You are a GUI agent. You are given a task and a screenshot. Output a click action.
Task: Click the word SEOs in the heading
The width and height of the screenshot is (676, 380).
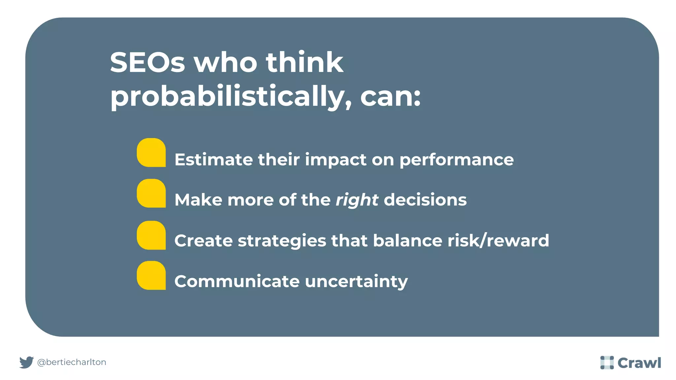coord(147,62)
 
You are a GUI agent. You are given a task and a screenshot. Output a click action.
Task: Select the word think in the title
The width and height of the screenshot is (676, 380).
coord(304,62)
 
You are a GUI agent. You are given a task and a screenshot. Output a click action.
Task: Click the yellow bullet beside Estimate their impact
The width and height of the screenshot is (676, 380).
coord(151,152)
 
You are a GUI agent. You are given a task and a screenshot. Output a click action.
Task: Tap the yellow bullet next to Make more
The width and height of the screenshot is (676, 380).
coord(151,193)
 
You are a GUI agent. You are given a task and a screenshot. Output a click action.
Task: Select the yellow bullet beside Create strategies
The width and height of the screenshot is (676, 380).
coord(151,235)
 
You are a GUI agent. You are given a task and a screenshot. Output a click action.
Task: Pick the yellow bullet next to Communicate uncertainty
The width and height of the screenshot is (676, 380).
coord(151,275)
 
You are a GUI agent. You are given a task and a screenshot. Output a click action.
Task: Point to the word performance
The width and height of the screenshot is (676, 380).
coord(456,160)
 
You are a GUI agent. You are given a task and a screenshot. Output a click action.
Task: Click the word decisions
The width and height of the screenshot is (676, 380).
coord(425,200)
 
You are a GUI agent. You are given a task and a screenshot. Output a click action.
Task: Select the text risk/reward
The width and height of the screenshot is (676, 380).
coord(498,240)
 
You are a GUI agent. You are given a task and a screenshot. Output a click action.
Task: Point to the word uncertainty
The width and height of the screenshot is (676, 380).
coord(356,281)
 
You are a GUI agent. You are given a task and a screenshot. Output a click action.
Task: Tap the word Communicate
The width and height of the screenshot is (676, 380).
coord(237,281)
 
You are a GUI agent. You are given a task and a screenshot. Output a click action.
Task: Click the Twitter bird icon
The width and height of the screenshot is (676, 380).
coord(26,362)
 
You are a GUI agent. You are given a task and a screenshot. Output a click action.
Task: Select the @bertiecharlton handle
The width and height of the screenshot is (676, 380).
coord(72,362)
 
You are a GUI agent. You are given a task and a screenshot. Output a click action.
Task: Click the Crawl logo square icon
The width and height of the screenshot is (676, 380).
coord(607,363)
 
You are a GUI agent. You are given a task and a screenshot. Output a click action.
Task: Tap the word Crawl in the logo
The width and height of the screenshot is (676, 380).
coord(639,363)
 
